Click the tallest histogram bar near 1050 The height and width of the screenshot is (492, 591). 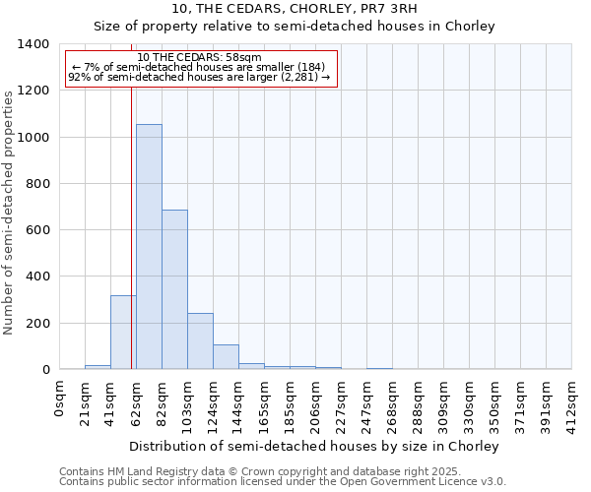click(149, 246)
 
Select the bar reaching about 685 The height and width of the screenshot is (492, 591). click(174, 289)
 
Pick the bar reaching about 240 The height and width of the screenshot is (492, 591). click(200, 340)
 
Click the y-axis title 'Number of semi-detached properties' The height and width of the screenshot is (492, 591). click(9, 212)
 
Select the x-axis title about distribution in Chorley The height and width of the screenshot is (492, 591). click(315, 446)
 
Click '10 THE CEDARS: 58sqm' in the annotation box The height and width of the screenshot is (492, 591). click(199, 58)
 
